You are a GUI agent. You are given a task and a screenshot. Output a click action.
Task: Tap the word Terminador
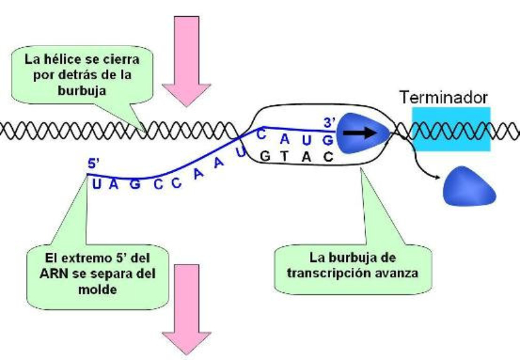[x=443, y=98]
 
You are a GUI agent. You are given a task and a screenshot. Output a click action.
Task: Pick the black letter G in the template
[x=263, y=156]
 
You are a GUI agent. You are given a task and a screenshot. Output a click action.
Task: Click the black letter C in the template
[x=329, y=157]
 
